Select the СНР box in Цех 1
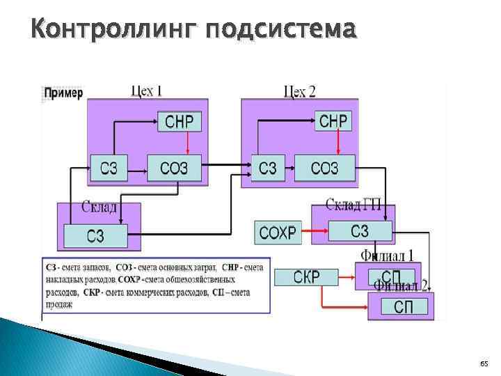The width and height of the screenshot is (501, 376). click(x=179, y=123)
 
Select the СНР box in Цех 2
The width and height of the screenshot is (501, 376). click(x=333, y=121)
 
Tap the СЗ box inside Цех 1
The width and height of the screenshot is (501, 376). click(x=109, y=168)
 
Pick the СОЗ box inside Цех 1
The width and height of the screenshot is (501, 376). click(x=174, y=168)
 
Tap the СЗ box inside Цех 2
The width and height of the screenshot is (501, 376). click(x=268, y=168)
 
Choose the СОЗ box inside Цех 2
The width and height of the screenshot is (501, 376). click(x=324, y=168)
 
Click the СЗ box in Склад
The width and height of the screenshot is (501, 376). click(x=95, y=236)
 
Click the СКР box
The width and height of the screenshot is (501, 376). click(x=306, y=276)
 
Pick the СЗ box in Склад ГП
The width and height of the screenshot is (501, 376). click(x=360, y=230)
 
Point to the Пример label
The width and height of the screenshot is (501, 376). click(x=63, y=93)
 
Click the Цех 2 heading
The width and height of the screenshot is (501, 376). click(x=300, y=91)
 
